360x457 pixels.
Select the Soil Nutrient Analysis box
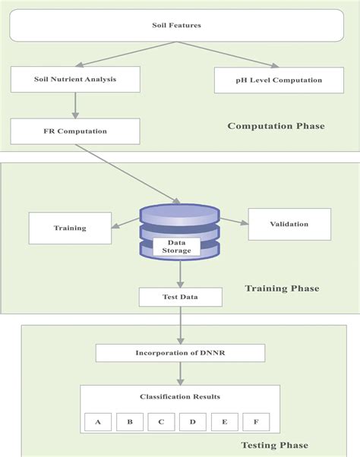click(x=75, y=78)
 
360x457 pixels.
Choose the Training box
click(x=70, y=228)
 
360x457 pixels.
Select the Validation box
click(x=289, y=225)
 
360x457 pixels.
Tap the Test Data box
click(x=180, y=297)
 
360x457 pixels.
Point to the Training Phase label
click(x=282, y=288)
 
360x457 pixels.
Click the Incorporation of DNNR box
click(x=180, y=353)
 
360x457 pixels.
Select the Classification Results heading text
click(x=180, y=396)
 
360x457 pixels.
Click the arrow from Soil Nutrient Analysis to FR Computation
click(x=75, y=104)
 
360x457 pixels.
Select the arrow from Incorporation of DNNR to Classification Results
click(x=180, y=373)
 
